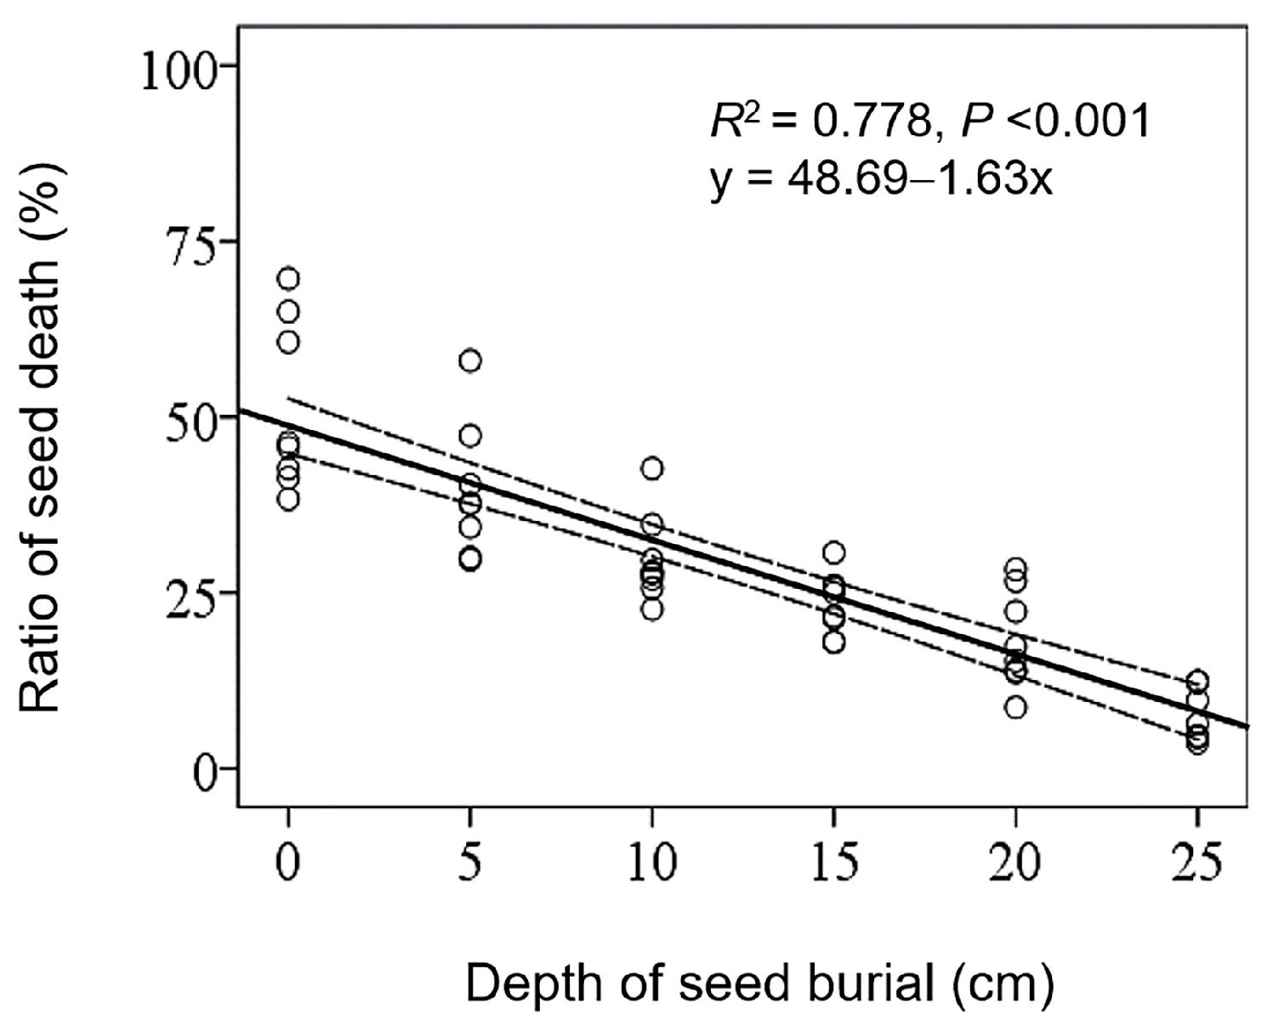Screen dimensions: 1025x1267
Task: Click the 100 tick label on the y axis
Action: click(x=178, y=67)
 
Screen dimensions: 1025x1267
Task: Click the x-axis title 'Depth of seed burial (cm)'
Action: click(x=759, y=984)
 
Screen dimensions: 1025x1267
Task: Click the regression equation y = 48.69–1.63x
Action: click(x=881, y=179)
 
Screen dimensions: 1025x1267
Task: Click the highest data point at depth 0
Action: click(x=288, y=279)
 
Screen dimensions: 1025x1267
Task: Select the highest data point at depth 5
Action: click(x=470, y=361)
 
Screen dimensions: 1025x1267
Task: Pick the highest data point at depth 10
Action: click(x=652, y=468)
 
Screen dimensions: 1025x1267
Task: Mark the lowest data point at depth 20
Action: click(x=1015, y=707)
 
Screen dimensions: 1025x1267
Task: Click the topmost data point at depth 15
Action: click(x=834, y=553)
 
